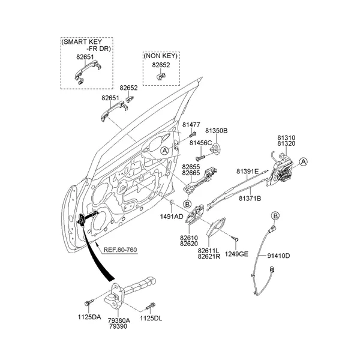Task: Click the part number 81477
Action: (191, 124)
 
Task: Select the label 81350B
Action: (217, 130)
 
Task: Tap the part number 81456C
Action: (200, 143)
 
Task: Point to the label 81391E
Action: (247, 171)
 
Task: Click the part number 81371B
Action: (250, 198)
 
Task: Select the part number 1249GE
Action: (236, 254)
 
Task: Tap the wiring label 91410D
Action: (278, 256)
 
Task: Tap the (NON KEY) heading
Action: (159, 56)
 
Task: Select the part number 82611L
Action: (208, 250)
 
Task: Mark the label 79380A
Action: (119, 320)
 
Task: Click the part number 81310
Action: (286, 138)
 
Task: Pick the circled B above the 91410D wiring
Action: (275, 215)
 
